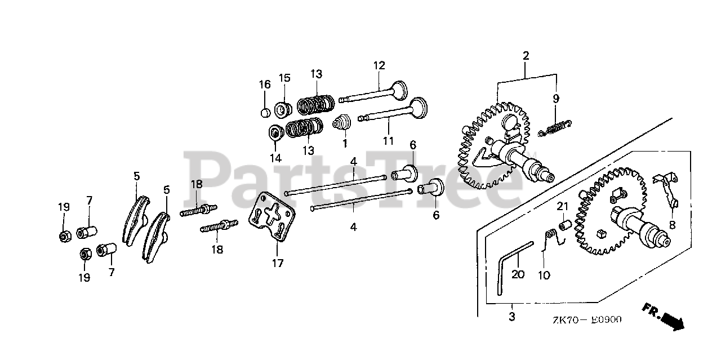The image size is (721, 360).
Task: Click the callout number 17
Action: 278,263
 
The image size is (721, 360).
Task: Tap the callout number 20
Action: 518,274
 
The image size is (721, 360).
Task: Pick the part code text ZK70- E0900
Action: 586,320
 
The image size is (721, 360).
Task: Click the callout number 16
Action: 265,85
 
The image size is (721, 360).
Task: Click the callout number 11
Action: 388,140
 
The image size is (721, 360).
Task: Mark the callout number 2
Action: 526,55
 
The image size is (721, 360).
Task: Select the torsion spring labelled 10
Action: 553,237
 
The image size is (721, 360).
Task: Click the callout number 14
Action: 275,158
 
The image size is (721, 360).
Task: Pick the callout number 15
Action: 284,77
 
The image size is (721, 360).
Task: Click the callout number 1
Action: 344,143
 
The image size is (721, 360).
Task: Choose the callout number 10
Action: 544,275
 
